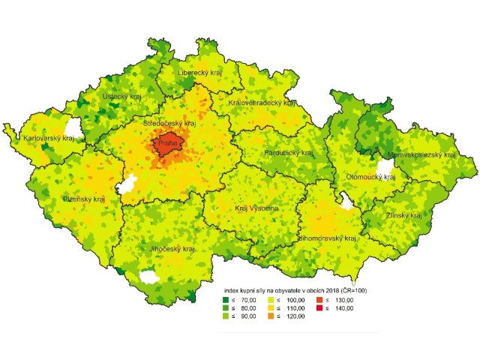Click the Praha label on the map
[167, 142]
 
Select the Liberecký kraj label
[200, 73]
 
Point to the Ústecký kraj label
[122, 97]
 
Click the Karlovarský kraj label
[49, 138]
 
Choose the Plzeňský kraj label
[84, 199]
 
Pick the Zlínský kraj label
[400, 215]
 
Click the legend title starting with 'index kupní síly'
[295, 289]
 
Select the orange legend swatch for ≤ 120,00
[272, 316]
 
